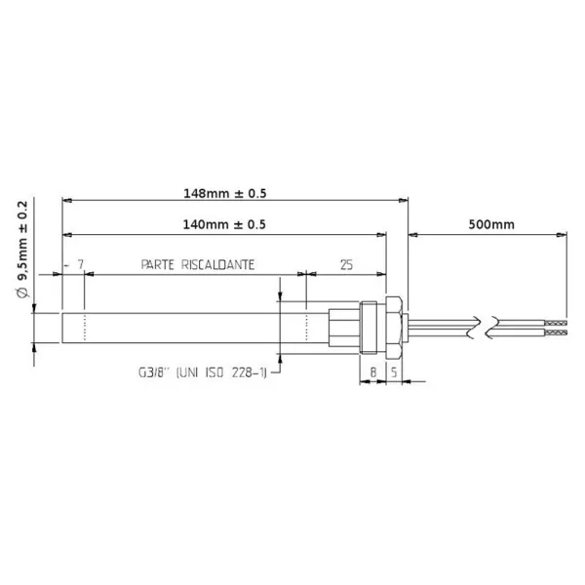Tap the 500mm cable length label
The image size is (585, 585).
(x=490, y=224)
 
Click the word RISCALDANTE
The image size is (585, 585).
(x=221, y=264)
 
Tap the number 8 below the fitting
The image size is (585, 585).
(x=372, y=371)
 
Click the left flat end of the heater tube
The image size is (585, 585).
(x=62, y=327)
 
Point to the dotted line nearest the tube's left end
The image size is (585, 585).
(x=86, y=327)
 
